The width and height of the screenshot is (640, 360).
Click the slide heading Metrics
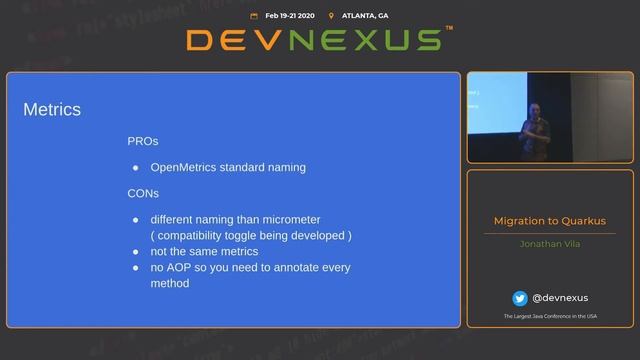coord(52,109)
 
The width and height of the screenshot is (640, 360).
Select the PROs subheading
coord(143,142)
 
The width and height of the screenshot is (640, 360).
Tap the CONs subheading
coord(143,193)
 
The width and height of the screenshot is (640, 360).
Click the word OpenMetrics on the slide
coord(186,167)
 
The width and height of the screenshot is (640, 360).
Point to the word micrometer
coord(318,219)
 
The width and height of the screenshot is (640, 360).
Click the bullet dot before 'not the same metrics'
coord(135,252)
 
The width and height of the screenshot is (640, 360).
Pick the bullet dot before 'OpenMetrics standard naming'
coord(135,168)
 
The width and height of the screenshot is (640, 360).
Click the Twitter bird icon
coord(520,298)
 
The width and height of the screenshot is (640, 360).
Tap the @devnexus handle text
coord(560,298)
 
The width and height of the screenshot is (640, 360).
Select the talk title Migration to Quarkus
coord(549,221)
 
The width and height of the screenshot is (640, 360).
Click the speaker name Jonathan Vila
coord(549,243)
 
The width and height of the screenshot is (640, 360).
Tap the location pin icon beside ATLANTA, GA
coord(330,16)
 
